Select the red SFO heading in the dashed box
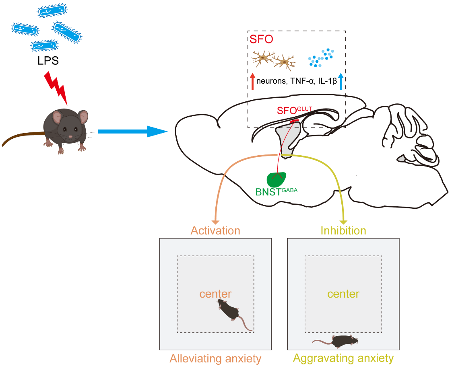pos(261,40)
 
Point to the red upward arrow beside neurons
pos(252,81)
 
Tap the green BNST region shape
pos(277,179)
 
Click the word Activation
pos(215,231)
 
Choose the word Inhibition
pos(343,231)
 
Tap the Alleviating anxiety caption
pos(215,358)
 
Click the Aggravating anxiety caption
pos(343,358)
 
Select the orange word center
pos(215,294)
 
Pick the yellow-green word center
pos(343,294)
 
